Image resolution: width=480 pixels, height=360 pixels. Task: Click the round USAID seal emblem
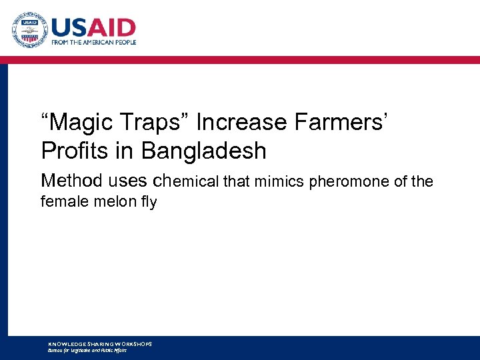click(x=29, y=30)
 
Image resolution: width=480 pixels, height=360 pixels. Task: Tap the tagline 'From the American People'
click(x=94, y=42)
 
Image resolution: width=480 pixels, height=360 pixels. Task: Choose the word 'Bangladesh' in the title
click(x=203, y=151)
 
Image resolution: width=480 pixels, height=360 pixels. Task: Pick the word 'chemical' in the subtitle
click(x=188, y=181)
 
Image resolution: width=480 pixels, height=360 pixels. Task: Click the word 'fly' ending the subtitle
click(x=147, y=201)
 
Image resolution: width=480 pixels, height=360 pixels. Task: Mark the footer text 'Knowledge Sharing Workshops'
click(x=100, y=343)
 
